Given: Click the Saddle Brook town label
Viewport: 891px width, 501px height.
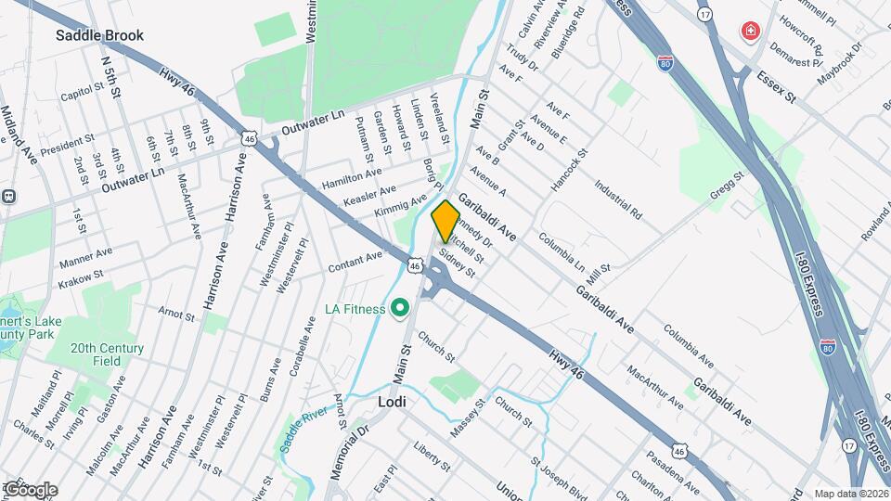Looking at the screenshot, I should pyautogui.click(x=99, y=36).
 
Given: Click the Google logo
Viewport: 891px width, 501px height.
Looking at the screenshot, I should pyautogui.click(x=30, y=489).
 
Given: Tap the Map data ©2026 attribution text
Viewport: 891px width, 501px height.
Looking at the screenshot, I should pyautogui.click(x=851, y=494).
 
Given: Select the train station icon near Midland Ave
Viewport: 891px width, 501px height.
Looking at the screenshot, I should pyautogui.click(x=8, y=197).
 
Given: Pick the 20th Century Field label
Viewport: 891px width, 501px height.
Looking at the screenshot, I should pyautogui.click(x=109, y=354).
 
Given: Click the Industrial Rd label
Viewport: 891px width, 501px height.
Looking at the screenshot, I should pyautogui.click(x=619, y=199).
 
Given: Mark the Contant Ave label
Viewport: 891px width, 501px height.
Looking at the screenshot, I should pyautogui.click(x=355, y=262).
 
